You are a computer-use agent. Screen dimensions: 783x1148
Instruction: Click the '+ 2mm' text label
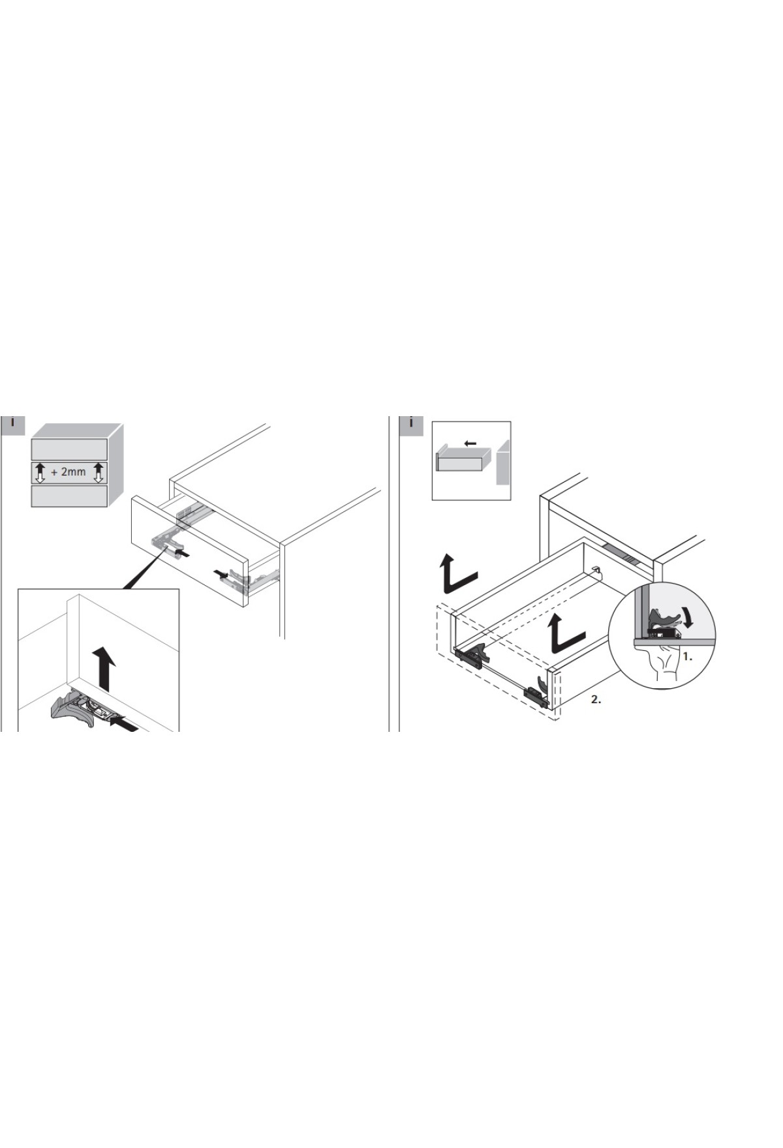click(69, 472)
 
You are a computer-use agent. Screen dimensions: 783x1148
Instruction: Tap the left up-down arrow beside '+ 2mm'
click(40, 472)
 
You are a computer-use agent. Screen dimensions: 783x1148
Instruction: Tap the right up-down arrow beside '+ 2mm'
click(99, 472)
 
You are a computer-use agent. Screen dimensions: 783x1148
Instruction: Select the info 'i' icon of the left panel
click(12, 424)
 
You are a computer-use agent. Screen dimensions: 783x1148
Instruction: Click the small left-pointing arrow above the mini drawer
click(470, 444)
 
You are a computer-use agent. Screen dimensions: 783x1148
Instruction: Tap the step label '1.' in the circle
click(688, 657)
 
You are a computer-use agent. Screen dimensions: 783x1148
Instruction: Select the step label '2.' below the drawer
click(596, 699)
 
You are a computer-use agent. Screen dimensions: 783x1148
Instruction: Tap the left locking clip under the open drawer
click(471, 652)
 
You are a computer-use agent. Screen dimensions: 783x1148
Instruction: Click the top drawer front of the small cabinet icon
click(70, 449)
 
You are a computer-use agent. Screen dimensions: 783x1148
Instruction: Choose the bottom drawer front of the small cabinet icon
click(70, 496)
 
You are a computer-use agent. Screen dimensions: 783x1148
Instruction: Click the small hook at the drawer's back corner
click(596, 569)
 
